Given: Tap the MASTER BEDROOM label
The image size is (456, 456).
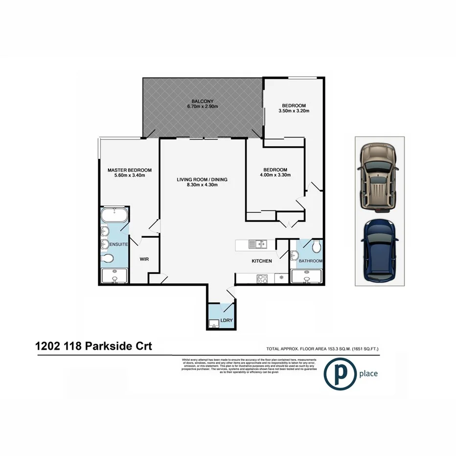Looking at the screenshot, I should coord(130,170).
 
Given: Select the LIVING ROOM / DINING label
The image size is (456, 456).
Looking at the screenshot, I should coord(202,180).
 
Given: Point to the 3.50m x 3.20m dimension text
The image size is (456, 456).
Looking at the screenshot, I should coord(294,111).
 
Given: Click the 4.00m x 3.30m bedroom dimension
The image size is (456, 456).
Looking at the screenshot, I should coord(275,175).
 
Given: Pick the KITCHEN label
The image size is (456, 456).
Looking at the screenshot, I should coord(262,261).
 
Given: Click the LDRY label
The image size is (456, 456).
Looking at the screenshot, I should coord(226,321).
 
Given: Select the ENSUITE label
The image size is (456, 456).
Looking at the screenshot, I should coord(118,244).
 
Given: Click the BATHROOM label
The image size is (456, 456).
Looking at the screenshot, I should coord(311,261).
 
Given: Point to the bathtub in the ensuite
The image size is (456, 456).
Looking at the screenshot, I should coord(114,215).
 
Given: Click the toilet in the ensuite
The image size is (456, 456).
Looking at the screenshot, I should coord(108,259).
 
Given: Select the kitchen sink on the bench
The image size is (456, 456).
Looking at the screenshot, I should coord(256,243).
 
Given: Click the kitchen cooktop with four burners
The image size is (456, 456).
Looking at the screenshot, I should coord(262,279).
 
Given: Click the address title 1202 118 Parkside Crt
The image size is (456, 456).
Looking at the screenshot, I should coord(93,346).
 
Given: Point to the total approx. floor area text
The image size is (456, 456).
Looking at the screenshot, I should coord(322,349).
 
